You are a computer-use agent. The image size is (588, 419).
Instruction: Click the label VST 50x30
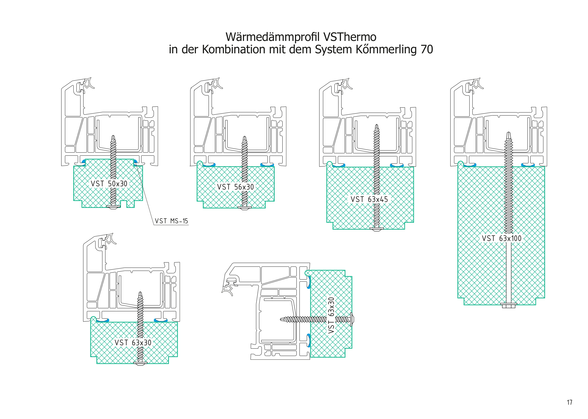(x=109, y=184)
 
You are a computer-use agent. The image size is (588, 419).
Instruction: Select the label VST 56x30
(x=235, y=187)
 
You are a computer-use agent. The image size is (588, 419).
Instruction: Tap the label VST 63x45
(x=369, y=199)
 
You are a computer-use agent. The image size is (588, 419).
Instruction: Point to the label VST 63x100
(x=501, y=238)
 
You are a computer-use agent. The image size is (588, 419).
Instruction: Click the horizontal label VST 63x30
(x=133, y=343)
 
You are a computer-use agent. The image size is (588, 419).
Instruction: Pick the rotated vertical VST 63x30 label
(x=331, y=315)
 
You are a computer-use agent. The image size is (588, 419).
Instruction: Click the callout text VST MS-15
(x=171, y=221)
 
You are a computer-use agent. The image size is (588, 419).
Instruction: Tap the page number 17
(x=570, y=402)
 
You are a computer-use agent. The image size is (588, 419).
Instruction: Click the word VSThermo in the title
(x=350, y=37)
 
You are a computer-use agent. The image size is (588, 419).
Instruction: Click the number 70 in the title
(x=426, y=50)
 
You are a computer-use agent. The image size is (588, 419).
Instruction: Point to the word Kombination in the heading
(x=234, y=50)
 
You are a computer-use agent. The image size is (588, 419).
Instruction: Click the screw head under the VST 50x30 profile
(x=113, y=207)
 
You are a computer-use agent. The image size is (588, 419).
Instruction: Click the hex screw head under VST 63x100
(x=509, y=305)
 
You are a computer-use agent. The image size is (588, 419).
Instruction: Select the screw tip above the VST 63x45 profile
(x=377, y=127)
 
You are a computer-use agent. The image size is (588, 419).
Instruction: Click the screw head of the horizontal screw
(x=352, y=320)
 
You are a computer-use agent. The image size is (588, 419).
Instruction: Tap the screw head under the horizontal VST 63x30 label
(x=140, y=363)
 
